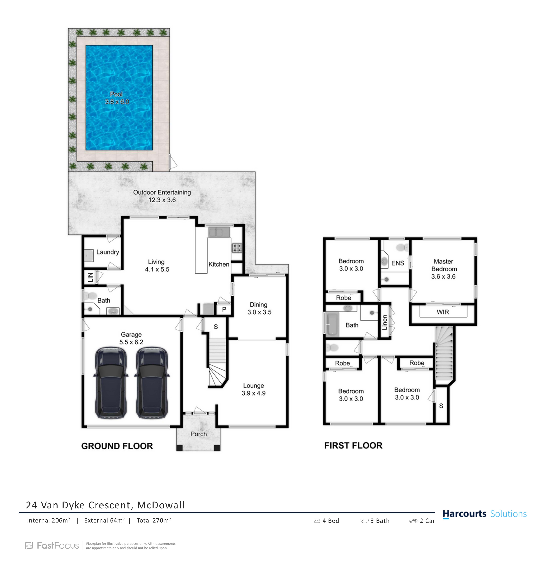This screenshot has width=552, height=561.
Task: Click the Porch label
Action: click(199, 434)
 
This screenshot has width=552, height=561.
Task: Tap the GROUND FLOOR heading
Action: click(117, 446)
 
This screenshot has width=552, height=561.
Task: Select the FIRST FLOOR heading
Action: click(353, 445)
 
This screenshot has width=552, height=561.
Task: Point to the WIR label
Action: click(443, 312)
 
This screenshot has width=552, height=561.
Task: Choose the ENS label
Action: click(397, 263)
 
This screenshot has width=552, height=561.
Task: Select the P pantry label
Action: click(224, 309)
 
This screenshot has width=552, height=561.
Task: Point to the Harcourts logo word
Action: click(464, 514)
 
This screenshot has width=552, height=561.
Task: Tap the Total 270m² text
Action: click(154, 520)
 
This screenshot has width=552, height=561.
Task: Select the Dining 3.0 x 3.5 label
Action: click(259, 308)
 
